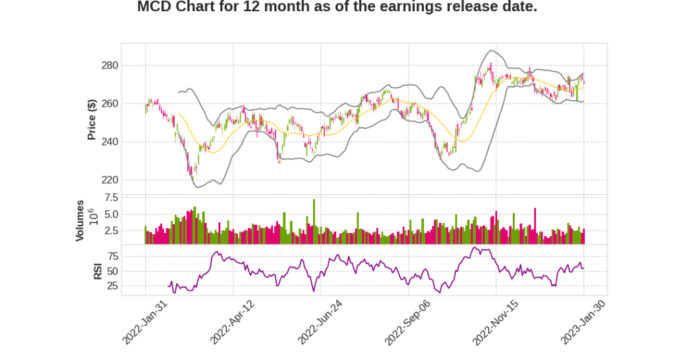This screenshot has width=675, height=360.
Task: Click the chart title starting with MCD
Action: click(337, 7)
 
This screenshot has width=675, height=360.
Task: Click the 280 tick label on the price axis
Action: click(109, 65)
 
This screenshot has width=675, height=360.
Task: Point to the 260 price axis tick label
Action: click(109, 104)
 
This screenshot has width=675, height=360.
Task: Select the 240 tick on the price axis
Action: click(109, 142)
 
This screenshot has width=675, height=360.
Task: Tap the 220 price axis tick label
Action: click(109, 180)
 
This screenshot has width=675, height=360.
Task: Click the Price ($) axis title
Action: click(92, 119)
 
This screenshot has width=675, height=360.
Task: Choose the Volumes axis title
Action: click(80, 220)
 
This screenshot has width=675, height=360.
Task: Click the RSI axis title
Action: click(98, 270)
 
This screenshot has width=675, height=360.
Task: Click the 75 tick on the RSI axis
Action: click(112, 256)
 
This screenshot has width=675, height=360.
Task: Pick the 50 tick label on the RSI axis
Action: click(112, 271)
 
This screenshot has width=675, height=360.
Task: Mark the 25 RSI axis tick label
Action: click(112, 286)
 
